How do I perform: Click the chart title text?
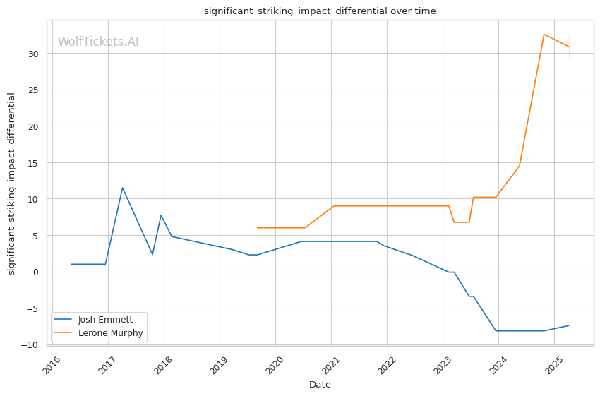click(x=320, y=11)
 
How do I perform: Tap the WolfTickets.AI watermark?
click(x=98, y=42)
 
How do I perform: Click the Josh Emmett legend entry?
click(x=105, y=320)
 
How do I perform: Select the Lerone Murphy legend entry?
click(x=110, y=333)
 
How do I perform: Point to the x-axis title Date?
click(x=320, y=385)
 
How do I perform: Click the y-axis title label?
click(x=11, y=184)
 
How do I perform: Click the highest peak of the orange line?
click(x=544, y=34)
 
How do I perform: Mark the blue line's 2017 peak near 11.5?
click(x=122, y=188)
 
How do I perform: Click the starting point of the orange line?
click(x=257, y=228)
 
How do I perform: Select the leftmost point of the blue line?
click(x=71, y=264)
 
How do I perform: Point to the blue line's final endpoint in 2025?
click(x=569, y=325)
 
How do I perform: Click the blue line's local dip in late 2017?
click(x=152, y=254)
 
